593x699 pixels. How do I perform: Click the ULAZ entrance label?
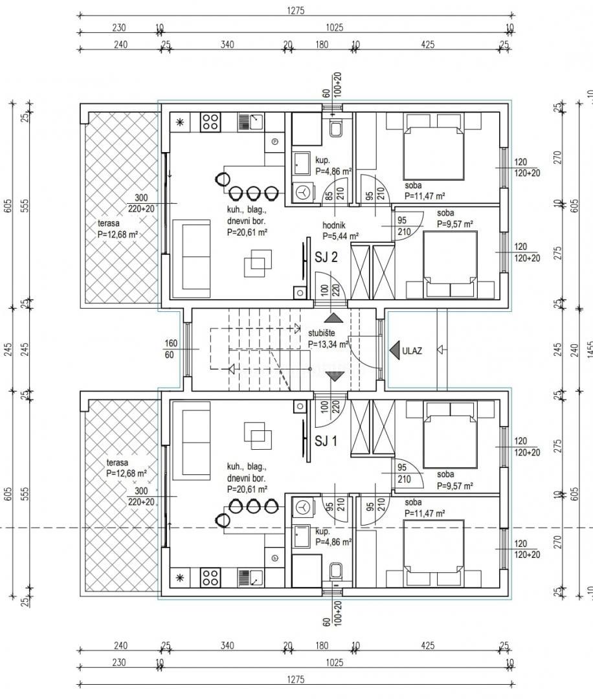pyautogui.click(x=412, y=351)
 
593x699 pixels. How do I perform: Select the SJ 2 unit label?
pyautogui.click(x=326, y=257)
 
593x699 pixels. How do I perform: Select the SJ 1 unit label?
pyautogui.click(x=326, y=441)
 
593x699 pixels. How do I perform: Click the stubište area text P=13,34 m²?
pyautogui.click(x=329, y=344)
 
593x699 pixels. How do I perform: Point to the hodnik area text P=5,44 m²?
pyautogui.click(x=341, y=236)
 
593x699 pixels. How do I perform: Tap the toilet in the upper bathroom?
pyautogui.click(x=335, y=129)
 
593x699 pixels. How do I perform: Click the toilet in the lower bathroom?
pyautogui.click(x=335, y=571)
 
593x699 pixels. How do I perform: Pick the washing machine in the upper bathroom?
pyautogui.click(x=302, y=191)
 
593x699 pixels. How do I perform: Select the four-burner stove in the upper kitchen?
pyautogui.click(x=210, y=122)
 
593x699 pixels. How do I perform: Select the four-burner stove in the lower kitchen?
pyautogui.click(x=210, y=577)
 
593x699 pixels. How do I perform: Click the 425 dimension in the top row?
pyautogui.click(x=427, y=45)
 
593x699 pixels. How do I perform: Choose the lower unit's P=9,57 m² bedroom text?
pyautogui.click(x=454, y=485)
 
